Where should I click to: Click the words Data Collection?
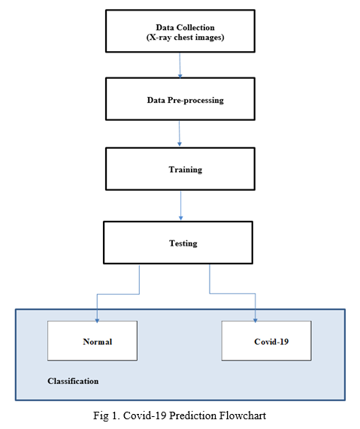[185, 27]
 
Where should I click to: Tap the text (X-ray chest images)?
[185, 37]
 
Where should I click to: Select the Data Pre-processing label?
[186, 100]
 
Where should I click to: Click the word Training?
[186, 170]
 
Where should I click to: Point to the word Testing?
[183, 243]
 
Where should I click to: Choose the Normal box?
[92, 340]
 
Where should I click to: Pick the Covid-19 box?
[266, 340]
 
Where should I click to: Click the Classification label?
[73, 381]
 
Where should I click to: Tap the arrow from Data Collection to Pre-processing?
[180, 65]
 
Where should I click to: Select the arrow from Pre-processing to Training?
[180, 133]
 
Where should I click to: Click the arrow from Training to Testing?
[180, 205]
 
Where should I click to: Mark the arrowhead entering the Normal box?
[97, 321]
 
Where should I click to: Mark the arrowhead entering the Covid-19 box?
[255, 321]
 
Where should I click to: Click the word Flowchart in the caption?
[242, 415]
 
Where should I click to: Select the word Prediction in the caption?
[192, 415]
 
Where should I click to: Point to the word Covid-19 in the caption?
[144, 415]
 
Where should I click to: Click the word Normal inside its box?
[98, 342]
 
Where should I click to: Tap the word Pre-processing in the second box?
[195, 100]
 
